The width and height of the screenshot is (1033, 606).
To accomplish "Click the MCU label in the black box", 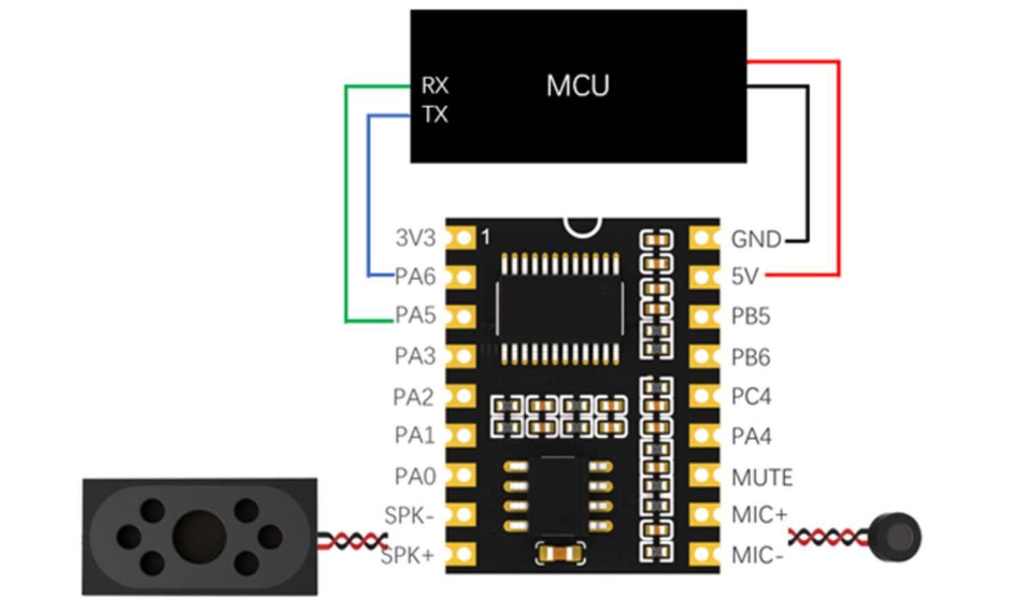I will [578, 86].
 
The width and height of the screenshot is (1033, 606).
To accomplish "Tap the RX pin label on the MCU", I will [435, 85].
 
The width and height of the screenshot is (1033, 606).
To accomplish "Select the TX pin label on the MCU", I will [435, 114].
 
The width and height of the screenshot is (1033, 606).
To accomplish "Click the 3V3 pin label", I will [415, 238].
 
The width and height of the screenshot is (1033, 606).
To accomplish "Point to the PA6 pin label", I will [415, 276].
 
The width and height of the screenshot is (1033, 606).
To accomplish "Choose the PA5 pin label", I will [415, 315].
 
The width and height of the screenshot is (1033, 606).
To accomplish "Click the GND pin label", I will [755, 239].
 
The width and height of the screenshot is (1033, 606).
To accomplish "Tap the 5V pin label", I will [744, 277].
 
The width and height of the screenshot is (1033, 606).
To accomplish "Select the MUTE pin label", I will [762, 477].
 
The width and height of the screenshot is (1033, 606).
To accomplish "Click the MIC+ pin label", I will [759, 515].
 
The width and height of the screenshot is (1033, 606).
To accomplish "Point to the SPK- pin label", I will [409, 515].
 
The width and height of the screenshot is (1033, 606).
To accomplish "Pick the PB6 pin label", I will [751, 357].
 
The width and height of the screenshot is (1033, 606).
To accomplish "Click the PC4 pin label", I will [751, 397].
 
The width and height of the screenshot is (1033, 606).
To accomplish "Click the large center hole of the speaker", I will [199, 536].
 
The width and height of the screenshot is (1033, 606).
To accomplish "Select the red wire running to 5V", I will [838, 172].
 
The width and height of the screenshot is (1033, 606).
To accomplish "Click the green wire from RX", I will [346, 207].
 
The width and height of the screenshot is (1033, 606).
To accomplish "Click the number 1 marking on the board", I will [486, 238].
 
